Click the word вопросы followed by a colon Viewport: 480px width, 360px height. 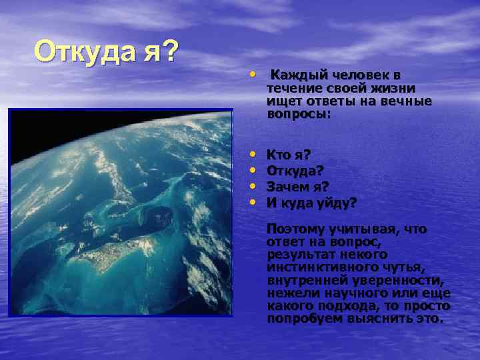pyautogui.click(x=297, y=114)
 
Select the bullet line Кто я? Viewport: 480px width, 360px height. pyautogui.click(x=288, y=155)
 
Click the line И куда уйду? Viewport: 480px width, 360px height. pyautogui.click(x=311, y=202)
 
